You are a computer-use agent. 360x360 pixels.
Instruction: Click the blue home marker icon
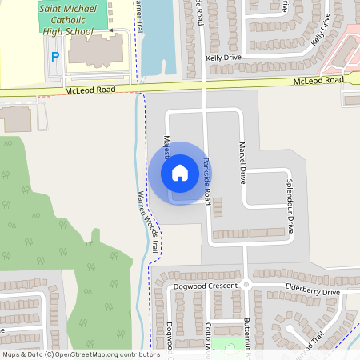pyautogui.click(x=180, y=173)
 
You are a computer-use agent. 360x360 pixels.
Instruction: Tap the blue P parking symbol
pyautogui.click(x=55, y=57)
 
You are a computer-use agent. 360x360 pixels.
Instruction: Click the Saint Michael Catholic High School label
pyautogui.click(x=66, y=19)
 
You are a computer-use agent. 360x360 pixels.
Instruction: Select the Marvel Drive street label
pyautogui.click(x=242, y=162)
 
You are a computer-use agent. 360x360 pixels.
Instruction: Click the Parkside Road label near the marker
pyautogui.click(x=206, y=181)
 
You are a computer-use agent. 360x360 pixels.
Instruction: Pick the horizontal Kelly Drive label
pyautogui.click(x=223, y=58)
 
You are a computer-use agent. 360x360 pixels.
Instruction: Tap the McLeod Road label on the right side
pyautogui.click(x=318, y=80)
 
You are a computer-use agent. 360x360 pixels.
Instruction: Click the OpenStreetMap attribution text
pyautogui.click(x=81, y=354)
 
